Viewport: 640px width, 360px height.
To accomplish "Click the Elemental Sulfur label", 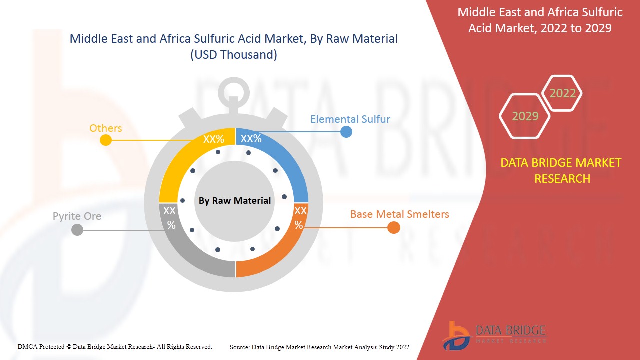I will (350, 119).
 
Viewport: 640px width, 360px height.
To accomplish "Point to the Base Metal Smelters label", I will (399, 214).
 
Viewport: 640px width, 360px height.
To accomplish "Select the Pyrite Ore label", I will (77, 216).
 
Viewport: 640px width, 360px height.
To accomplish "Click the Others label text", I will (105, 128).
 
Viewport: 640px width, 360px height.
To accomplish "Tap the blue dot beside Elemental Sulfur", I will (346, 132).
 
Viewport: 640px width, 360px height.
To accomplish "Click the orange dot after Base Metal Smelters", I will (394, 228).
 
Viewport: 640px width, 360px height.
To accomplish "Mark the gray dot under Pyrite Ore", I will (77, 230).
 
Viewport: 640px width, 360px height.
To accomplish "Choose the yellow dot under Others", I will (105, 140).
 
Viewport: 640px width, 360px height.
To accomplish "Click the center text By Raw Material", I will (234, 201).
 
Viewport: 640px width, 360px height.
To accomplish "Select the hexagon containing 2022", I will (562, 93).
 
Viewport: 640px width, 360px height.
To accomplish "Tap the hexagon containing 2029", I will (525, 116).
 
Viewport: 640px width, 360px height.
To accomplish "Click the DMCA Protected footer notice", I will (115, 346).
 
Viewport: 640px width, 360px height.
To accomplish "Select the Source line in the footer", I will (319, 347).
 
